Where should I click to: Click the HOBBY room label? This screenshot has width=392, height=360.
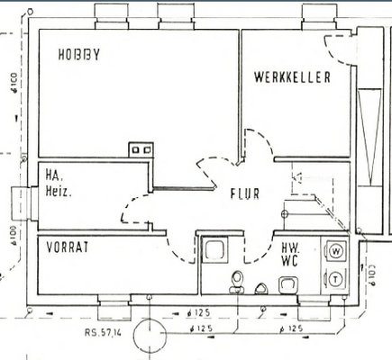click(78, 55)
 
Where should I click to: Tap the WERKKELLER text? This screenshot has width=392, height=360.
click(292, 77)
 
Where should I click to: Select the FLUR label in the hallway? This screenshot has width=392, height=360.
click(244, 193)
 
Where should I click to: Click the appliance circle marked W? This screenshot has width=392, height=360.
click(336, 249)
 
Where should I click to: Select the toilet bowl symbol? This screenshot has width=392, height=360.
click(238, 282)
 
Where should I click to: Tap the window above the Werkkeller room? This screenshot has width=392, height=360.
click(320, 13)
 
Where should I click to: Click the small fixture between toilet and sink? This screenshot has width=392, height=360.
click(261, 288)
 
